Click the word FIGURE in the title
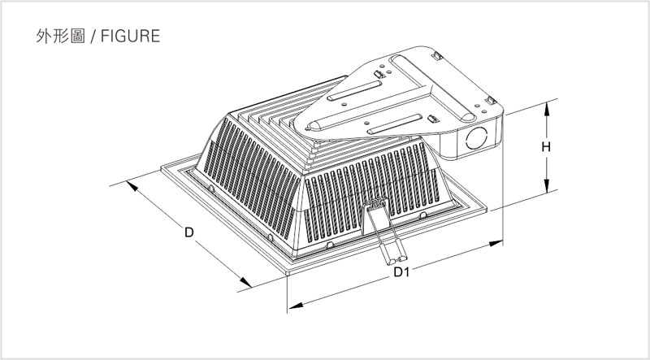click(130, 36)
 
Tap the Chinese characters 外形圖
click(60, 36)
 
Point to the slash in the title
click(93, 36)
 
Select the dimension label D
click(189, 232)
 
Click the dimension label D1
click(401, 272)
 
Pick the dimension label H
click(546, 147)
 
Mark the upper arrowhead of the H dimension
click(546, 109)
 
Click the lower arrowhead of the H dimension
click(546, 185)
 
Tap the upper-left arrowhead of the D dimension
click(132, 186)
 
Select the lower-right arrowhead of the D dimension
click(245, 282)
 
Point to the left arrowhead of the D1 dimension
click(296, 306)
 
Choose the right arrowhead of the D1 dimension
click(496, 243)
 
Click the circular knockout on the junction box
click(476, 138)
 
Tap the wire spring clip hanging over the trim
click(384, 233)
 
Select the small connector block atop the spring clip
click(375, 203)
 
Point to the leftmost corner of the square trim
click(161, 168)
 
